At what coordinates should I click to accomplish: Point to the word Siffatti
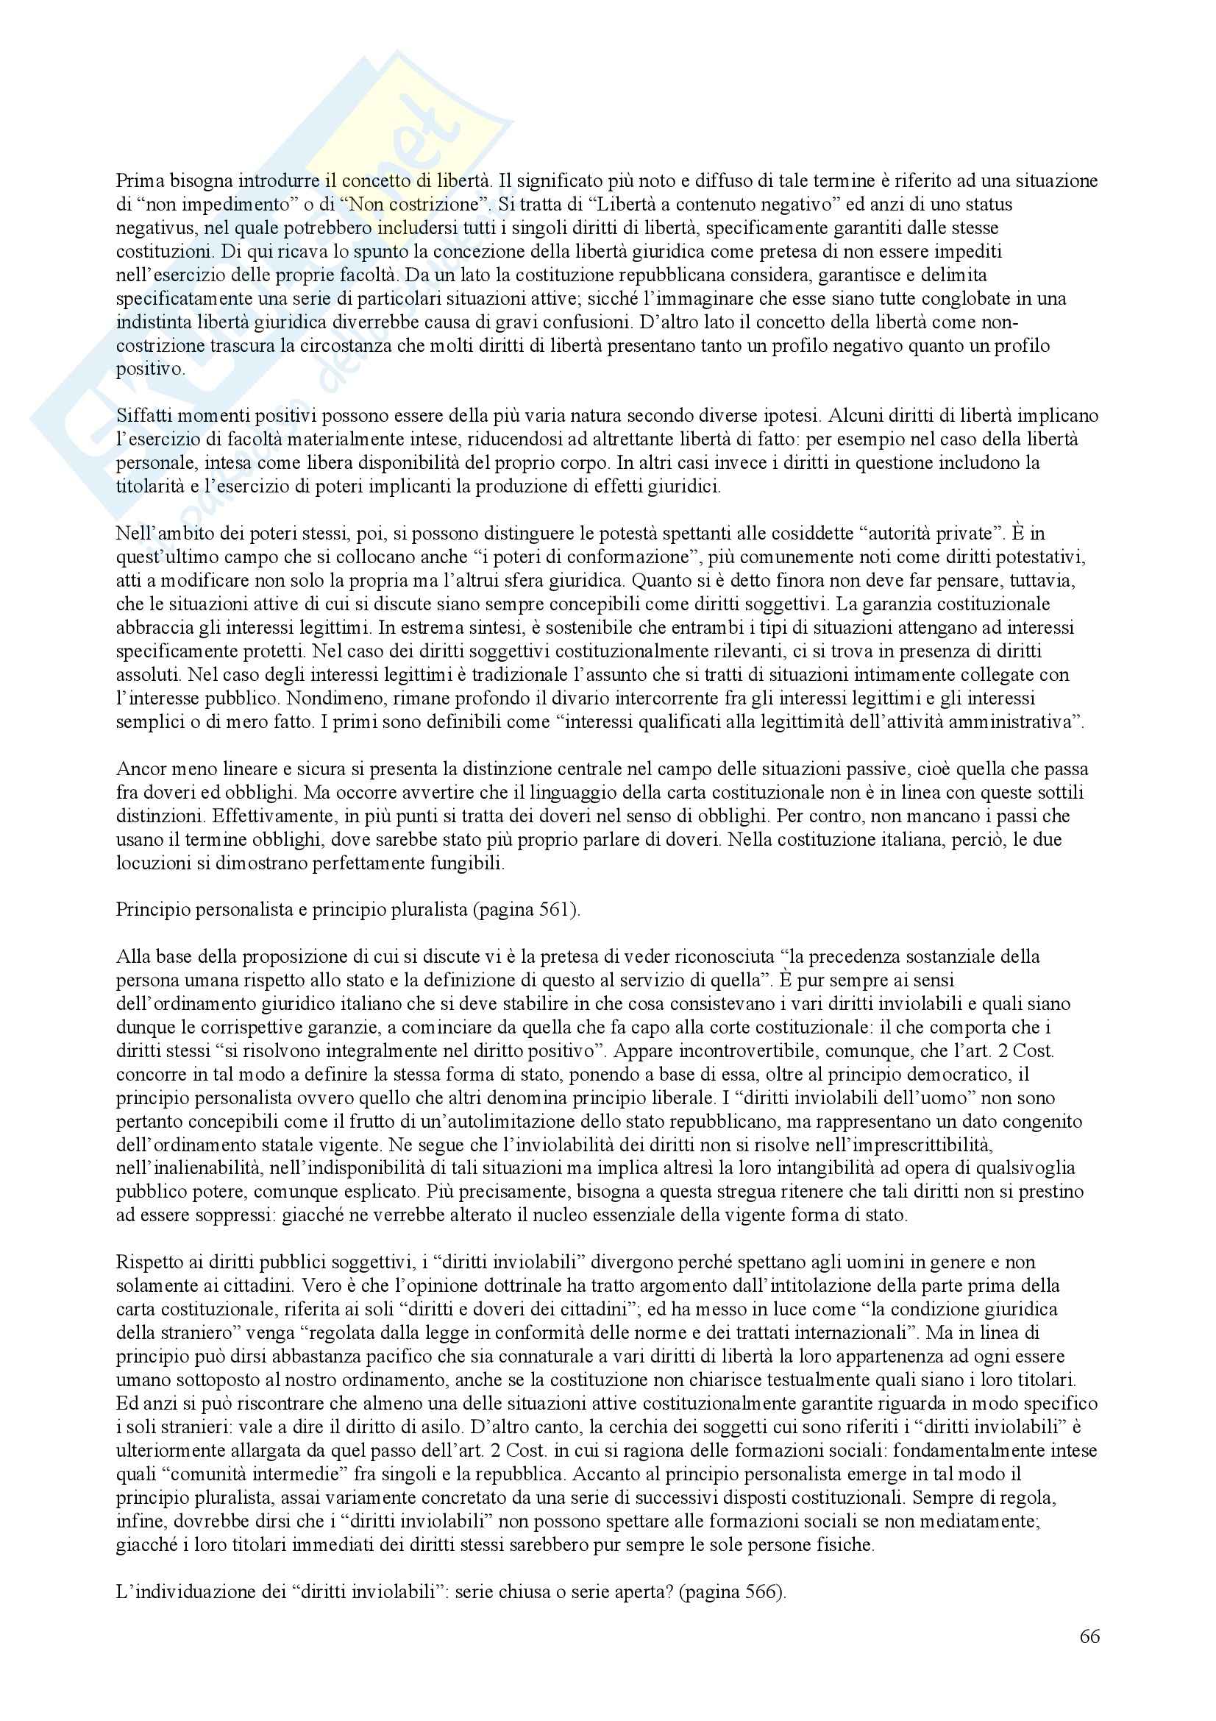145,416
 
